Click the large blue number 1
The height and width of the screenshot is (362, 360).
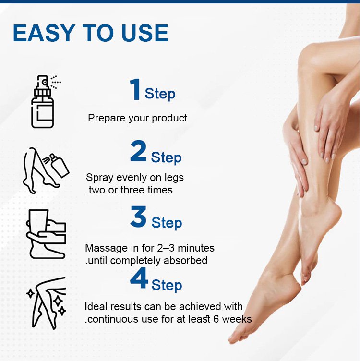coord(135,89)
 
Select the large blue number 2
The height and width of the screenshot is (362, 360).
coord(138,151)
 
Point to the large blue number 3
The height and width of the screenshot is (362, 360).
coord(138,217)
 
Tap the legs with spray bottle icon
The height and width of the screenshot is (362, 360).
coord(46,170)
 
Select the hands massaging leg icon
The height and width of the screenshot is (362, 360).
coord(46,234)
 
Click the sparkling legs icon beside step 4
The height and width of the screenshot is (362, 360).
coord(47,303)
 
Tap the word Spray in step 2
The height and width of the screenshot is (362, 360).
coord(100,178)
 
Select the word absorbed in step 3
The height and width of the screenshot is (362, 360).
coord(185,260)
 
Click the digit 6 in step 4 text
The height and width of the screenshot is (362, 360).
coord(216,319)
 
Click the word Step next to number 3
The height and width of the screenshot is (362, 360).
coord(167,223)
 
